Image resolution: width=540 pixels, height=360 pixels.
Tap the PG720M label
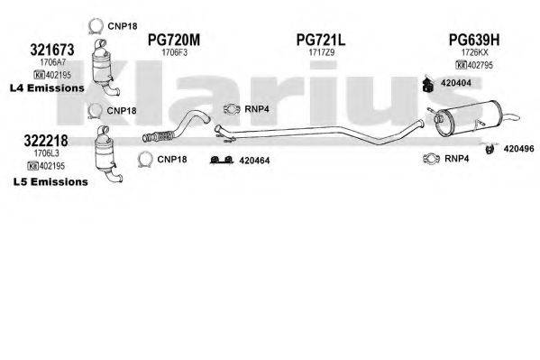pyautogui.click(x=173, y=40)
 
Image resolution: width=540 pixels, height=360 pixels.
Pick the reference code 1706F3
pyautogui.click(x=173, y=53)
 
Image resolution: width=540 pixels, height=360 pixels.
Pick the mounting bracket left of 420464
pyautogui.click(x=218, y=161)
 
